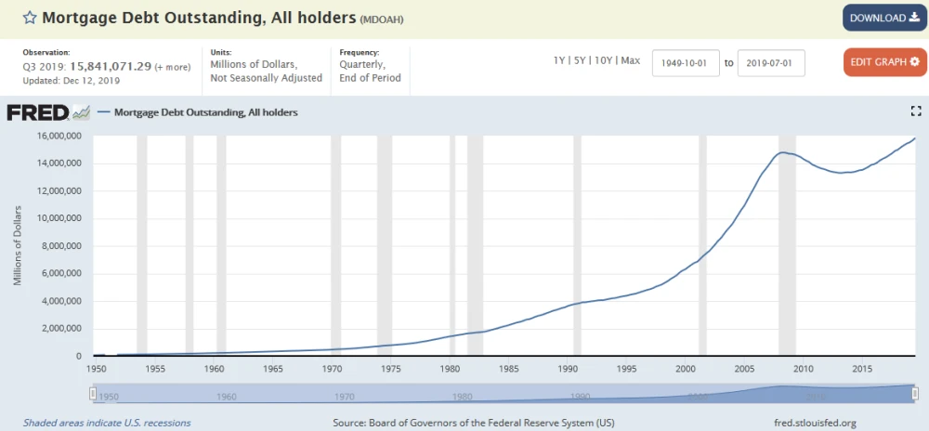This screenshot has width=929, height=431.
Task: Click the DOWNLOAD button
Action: coord(884,19)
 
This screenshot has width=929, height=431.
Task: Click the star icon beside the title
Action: coord(30,18)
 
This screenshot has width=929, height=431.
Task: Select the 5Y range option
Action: coord(580,61)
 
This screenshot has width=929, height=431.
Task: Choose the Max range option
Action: coord(631,61)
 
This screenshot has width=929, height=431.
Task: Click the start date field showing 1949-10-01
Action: coord(687,63)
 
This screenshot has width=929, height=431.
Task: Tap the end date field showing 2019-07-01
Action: coord(771,63)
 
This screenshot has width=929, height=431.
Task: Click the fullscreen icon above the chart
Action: coord(916,111)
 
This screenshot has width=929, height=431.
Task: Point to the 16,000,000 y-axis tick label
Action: coord(58,136)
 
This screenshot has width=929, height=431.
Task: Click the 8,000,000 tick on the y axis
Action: coord(60,246)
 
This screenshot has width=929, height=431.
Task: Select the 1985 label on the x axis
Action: coord(508,368)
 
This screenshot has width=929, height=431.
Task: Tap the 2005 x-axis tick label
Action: coord(744,368)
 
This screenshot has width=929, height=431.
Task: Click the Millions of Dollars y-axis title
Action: coord(18,246)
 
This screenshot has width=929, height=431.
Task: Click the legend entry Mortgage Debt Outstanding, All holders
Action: coord(205,111)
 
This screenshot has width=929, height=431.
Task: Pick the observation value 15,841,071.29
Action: coord(111,67)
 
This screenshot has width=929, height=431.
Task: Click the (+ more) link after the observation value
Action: coord(173,68)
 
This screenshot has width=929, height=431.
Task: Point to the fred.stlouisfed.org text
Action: coord(816,423)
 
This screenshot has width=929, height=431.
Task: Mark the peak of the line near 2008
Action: coord(782,152)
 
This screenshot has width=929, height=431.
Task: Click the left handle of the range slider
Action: coord(92,393)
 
